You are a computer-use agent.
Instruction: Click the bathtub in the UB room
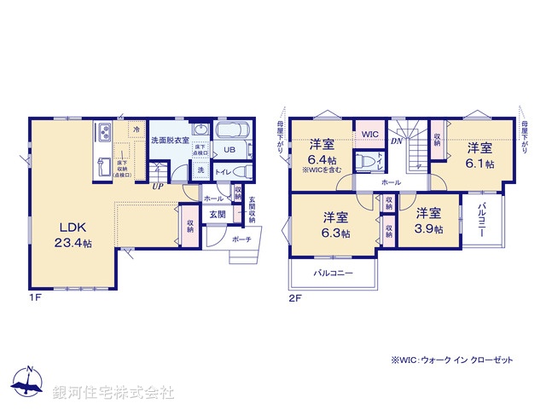(229, 131)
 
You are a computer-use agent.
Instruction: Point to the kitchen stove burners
(103, 133)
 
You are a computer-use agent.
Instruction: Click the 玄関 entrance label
(217, 213)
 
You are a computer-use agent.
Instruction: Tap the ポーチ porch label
(240, 239)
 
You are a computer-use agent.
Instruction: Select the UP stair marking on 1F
(158, 186)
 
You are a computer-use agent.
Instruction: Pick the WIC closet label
(369, 135)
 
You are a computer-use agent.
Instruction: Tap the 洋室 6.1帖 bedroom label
(479, 155)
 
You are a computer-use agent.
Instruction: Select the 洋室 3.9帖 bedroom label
(427, 222)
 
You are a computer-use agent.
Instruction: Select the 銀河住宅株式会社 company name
(113, 392)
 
